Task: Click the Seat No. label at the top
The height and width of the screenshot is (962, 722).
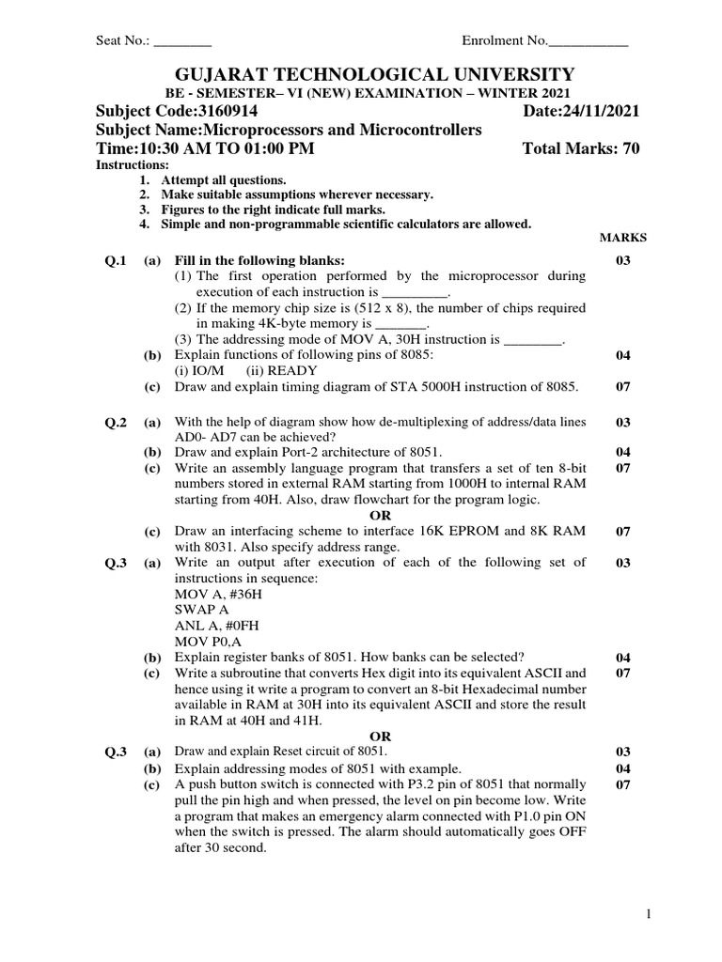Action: (123, 41)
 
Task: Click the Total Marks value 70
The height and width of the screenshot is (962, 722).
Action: (630, 149)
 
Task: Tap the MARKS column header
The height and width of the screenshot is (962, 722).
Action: (622, 239)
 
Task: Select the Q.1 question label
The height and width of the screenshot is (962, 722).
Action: (116, 260)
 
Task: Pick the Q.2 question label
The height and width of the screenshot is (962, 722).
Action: (116, 424)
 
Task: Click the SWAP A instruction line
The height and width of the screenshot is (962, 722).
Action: (203, 611)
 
